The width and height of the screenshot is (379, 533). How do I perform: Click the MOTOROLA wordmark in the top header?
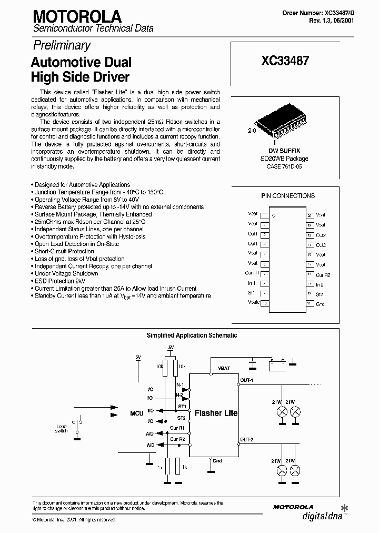77,16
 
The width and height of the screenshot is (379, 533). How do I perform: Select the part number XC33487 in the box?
285,61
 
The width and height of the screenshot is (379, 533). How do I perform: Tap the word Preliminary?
63,45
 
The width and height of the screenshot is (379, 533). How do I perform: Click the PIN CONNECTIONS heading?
288,196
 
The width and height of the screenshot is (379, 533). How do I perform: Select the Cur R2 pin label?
323,275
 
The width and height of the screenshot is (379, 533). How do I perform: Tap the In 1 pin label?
252,284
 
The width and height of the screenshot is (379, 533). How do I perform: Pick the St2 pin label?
320,294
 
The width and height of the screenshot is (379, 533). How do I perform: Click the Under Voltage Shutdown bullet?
66,273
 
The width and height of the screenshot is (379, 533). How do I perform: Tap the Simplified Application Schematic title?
192,335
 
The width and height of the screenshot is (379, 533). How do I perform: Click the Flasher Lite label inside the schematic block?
216,413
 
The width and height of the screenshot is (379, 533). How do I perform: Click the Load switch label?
62,429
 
